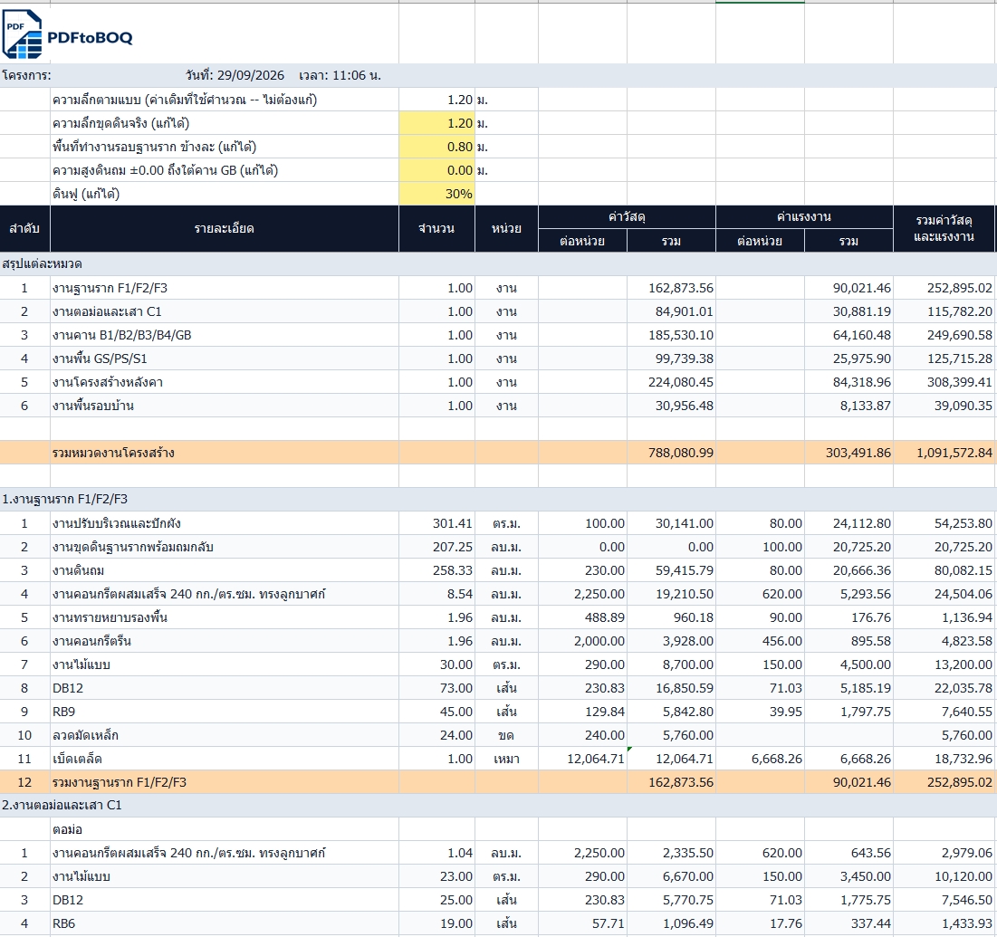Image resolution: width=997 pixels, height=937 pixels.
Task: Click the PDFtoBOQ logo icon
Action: [23, 35]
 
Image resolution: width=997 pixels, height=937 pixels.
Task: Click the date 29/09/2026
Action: [251, 76]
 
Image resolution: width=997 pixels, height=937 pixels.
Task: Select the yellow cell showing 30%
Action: [436, 194]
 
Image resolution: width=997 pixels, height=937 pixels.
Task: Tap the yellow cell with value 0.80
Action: [436, 147]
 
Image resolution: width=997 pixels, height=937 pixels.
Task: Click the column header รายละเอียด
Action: [225, 229]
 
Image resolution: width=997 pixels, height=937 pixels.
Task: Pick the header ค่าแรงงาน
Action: [804, 216]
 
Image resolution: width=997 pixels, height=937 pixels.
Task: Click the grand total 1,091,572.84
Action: [954, 453]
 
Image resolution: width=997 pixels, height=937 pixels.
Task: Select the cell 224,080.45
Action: [681, 382]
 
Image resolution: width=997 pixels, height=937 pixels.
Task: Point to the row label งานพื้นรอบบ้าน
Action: [93, 406]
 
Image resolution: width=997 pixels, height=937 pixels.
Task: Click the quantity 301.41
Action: [453, 523]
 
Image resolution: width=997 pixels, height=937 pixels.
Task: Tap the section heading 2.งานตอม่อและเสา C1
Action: [62, 806]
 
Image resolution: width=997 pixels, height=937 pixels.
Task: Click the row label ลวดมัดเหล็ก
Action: [85, 735]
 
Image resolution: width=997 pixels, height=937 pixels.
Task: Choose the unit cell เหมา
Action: [506, 759]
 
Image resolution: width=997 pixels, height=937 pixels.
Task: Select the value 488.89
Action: [605, 617]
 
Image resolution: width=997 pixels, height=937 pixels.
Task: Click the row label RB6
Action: [63, 923]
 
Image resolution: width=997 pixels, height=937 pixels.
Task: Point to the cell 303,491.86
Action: [858, 453]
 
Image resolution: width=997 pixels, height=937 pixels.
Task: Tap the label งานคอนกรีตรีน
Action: [91, 641]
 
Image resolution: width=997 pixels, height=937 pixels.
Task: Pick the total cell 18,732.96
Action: [963, 759]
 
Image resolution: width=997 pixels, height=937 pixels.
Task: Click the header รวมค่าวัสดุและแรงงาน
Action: [944, 229]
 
